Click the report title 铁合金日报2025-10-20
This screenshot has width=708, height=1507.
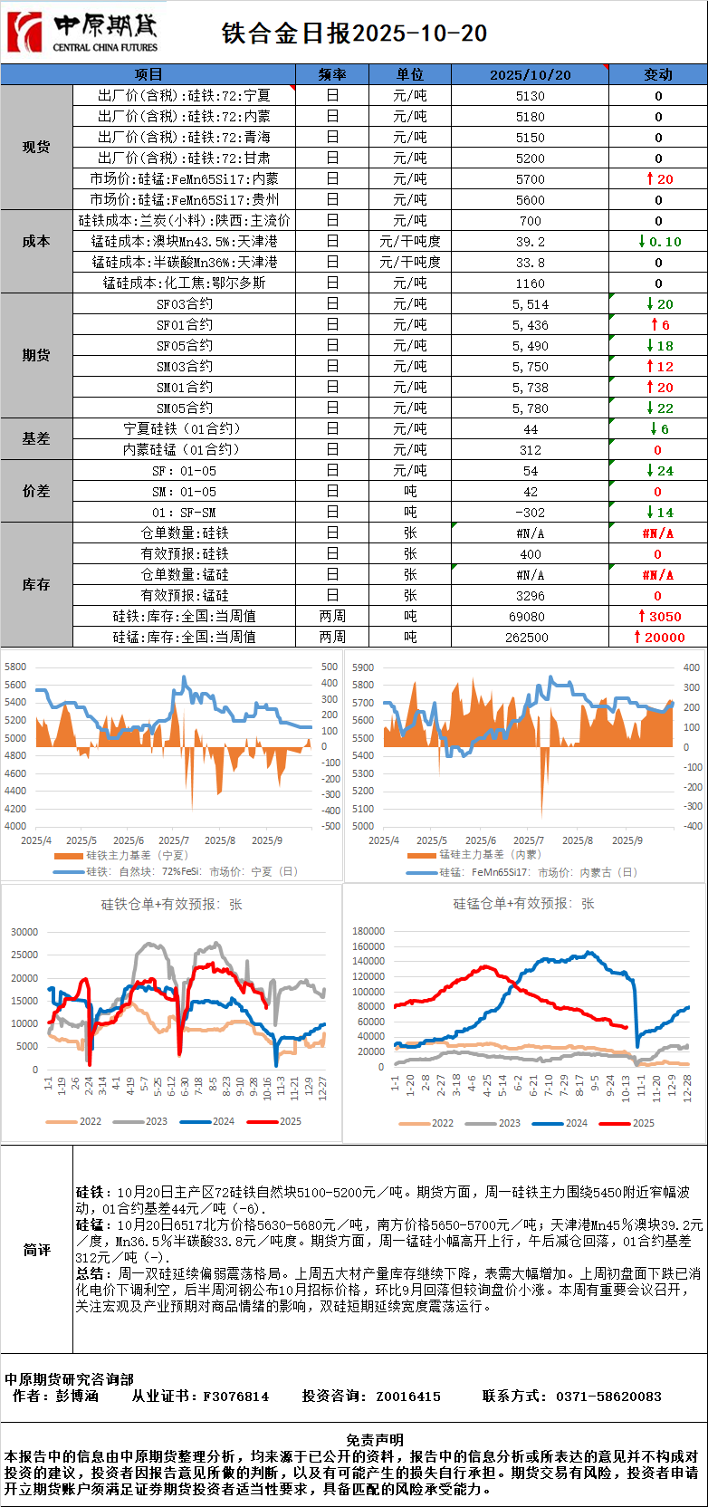(x=354, y=34)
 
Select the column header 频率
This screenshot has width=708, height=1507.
(x=332, y=74)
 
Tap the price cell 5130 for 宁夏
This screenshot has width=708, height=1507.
(x=530, y=96)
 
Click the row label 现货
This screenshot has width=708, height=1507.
(x=36, y=147)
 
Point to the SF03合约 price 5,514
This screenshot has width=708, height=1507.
(x=530, y=304)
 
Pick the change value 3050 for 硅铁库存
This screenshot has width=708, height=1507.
(x=658, y=616)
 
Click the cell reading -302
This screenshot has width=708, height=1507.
(x=530, y=513)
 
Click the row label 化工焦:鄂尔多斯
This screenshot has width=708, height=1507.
(x=184, y=283)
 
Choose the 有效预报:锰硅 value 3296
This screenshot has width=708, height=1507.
(x=530, y=595)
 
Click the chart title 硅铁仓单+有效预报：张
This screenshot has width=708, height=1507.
(x=171, y=904)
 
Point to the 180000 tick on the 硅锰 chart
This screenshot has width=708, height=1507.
(x=368, y=931)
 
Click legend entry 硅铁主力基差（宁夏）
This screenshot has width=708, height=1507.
(x=137, y=855)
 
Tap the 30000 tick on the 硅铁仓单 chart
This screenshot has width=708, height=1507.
(x=24, y=932)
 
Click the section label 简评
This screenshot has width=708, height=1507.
(x=36, y=1250)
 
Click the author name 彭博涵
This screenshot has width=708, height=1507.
(x=77, y=1396)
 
